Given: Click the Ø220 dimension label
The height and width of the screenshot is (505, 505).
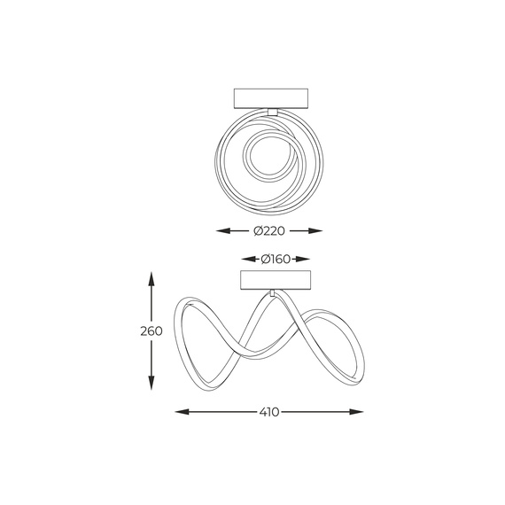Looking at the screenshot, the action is click(x=269, y=231).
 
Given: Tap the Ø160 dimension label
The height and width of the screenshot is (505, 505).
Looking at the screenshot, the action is click(x=276, y=259).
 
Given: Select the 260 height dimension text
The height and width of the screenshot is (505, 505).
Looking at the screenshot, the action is click(x=151, y=331).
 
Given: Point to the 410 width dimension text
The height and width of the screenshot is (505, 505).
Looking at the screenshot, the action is click(x=269, y=412).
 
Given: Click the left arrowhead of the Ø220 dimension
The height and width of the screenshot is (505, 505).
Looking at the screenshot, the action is click(x=223, y=231).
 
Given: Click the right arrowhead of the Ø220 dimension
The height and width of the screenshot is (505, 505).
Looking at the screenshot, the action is click(x=315, y=231).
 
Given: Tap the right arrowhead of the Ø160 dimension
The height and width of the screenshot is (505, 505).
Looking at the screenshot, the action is click(x=303, y=259).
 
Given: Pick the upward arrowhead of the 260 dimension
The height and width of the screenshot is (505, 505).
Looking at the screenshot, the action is click(x=151, y=280).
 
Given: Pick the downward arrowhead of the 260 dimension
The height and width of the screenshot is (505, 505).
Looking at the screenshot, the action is click(x=151, y=383).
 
